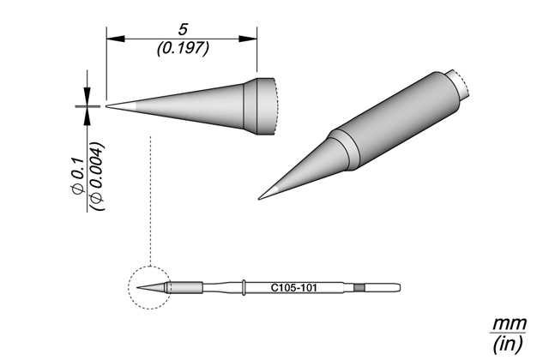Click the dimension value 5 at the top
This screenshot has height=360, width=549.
(x=183, y=29)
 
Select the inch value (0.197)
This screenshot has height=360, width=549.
(x=183, y=48)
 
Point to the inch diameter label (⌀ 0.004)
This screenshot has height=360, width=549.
(x=97, y=177)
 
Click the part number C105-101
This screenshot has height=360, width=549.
(x=293, y=288)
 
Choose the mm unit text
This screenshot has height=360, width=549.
(x=510, y=324)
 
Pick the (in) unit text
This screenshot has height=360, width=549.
(x=508, y=343)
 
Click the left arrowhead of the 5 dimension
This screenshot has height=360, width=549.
(x=116, y=39)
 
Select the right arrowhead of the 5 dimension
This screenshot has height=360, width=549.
(x=248, y=39)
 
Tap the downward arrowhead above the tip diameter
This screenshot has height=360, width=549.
(x=87, y=96)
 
